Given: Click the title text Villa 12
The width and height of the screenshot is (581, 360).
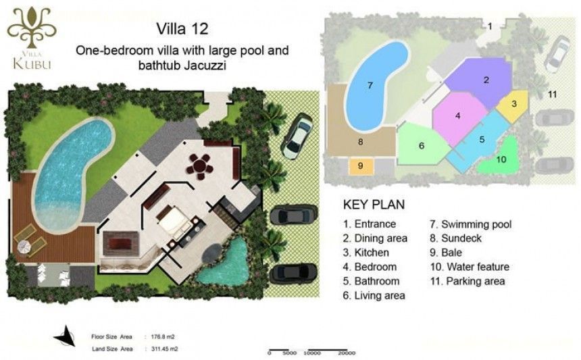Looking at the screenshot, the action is pos(182,29).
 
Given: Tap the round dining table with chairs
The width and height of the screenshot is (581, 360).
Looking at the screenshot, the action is pos(200,166).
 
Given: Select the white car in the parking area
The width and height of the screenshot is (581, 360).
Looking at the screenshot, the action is pos(297,136).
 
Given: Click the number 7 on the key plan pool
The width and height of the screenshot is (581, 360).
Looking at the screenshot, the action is pos(370,86).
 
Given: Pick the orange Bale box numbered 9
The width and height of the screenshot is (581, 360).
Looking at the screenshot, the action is pos(361,166).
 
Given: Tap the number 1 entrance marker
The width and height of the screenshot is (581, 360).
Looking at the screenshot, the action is pos(490,26).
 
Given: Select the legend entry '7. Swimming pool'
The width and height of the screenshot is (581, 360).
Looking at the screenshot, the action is pos(471,224).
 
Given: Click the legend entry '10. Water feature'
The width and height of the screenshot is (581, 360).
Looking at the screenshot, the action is pos(470,267).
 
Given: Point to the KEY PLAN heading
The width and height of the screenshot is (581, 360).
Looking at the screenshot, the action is pos(374,205).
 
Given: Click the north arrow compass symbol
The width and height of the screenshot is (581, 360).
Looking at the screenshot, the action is pos(65,336).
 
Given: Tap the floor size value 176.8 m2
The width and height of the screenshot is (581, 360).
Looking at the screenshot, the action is pos(163,336).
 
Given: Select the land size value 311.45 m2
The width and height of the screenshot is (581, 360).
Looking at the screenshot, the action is pos(165,349).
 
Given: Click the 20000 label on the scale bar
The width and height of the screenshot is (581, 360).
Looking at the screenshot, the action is pos(347,353).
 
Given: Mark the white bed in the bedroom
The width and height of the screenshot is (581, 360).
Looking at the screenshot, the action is pos(174,221).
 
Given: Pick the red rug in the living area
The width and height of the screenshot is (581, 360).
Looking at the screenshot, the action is pos(120,243).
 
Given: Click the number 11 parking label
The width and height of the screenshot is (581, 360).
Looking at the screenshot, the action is pos(552,95).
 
